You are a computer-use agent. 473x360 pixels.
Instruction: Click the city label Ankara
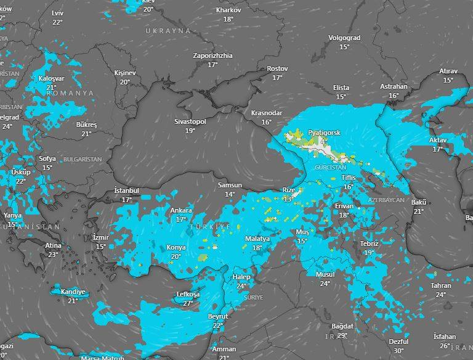[x=181, y=210]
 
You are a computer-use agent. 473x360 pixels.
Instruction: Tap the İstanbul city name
[x=127, y=191]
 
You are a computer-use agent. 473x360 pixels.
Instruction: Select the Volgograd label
[x=344, y=38]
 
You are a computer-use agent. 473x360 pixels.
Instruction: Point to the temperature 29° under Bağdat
[x=342, y=335]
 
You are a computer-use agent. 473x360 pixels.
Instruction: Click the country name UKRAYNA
[x=168, y=30]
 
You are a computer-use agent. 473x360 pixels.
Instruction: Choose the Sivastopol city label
[x=190, y=122]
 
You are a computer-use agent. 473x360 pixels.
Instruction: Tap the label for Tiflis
[x=349, y=178]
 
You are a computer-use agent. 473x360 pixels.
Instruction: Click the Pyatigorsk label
[x=324, y=133]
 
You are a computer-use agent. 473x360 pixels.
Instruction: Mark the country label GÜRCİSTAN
[x=330, y=167]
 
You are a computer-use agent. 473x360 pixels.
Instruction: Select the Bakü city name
[x=419, y=202]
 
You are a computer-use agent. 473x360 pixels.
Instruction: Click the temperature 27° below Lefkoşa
[x=188, y=303]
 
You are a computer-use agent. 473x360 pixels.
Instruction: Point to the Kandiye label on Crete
[x=73, y=292]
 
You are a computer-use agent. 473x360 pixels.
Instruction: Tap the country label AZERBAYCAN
[x=386, y=201]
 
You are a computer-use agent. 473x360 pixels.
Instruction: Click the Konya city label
[x=176, y=248]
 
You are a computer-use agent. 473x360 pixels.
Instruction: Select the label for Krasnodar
[x=267, y=113]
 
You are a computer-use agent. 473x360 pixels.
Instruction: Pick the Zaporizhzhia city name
[x=212, y=55]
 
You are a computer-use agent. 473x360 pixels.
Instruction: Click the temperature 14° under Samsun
[x=230, y=194]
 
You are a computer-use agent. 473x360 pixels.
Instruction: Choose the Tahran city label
[x=441, y=285]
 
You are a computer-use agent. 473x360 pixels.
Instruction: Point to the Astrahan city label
[x=394, y=87]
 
